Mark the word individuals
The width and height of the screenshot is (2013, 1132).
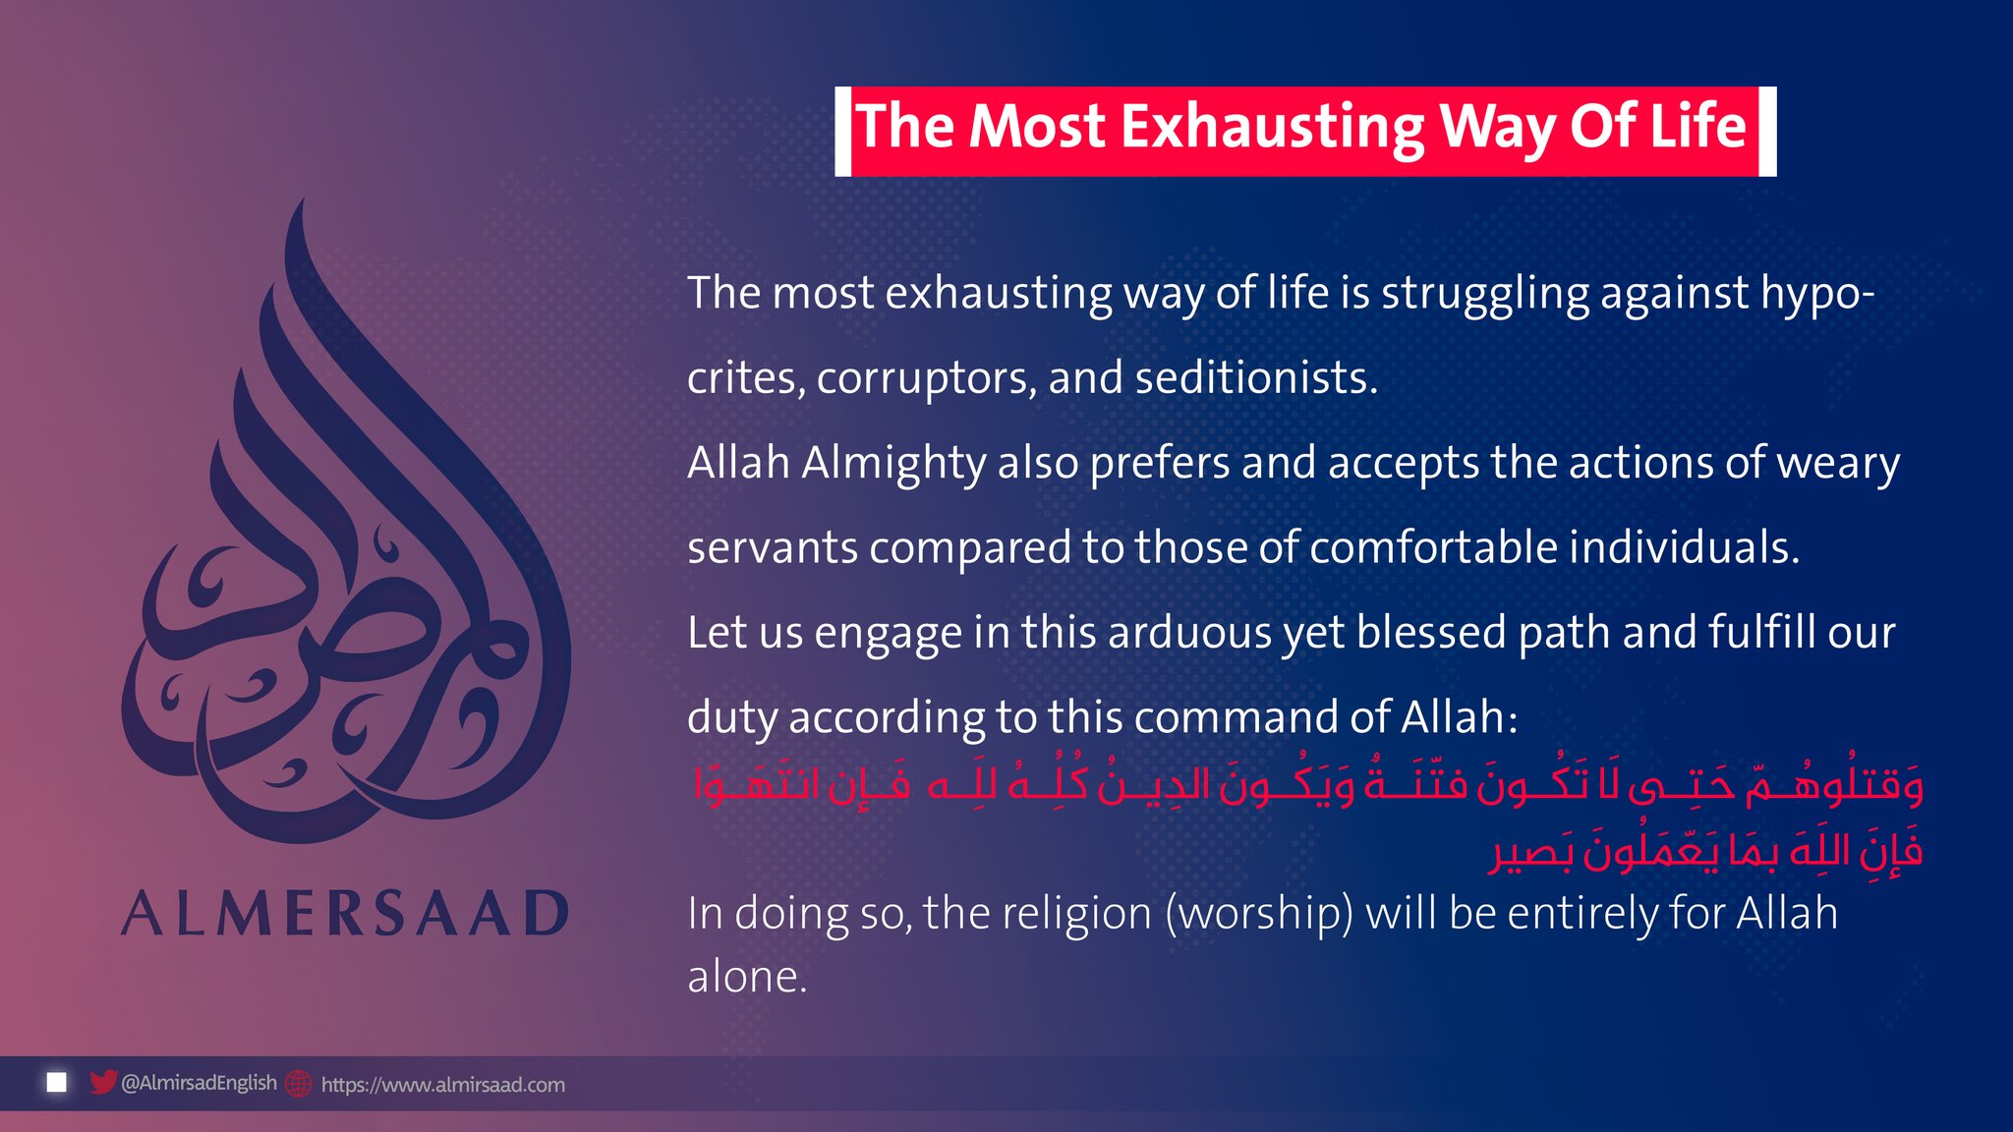1684,547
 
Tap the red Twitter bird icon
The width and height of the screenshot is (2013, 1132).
103,1082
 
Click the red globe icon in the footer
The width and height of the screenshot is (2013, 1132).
298,1084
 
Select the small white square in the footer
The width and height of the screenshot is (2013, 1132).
57,1082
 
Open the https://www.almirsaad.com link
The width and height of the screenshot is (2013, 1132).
443,1085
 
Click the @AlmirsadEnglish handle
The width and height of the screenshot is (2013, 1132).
199,1083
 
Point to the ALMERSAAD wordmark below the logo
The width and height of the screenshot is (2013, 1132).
345,913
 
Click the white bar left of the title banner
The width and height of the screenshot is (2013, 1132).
842,132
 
